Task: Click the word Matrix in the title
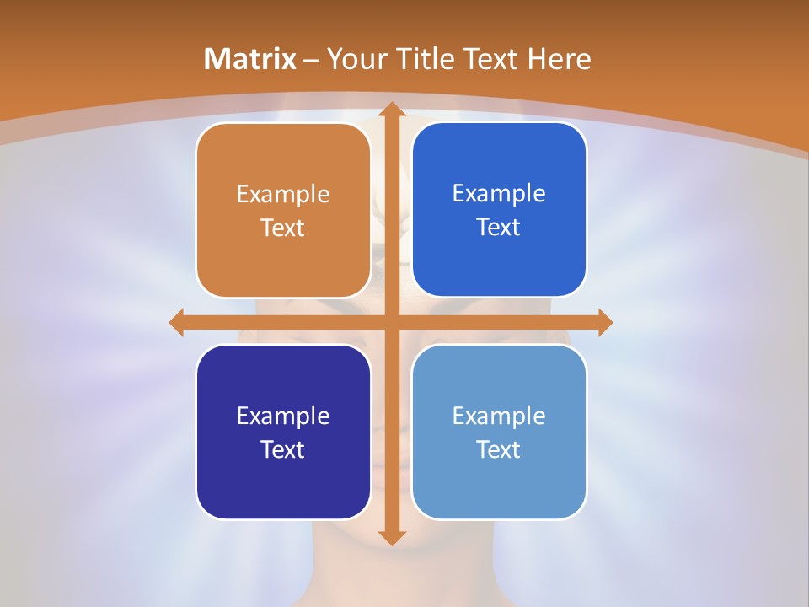click(250, 59)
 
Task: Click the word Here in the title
click(560, 59)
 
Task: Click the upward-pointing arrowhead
click(391, 110)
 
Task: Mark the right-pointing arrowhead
click(604, 323)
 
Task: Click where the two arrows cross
click(391, 323)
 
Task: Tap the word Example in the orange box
click(283, 195)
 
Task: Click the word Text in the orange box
click(283, 228)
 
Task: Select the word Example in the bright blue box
click(499, 194)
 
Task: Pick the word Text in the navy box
click(283, 450)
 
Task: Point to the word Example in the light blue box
click(499, 416)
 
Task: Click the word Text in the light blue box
click(499, 450)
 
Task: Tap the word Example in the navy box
click(283, 416)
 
